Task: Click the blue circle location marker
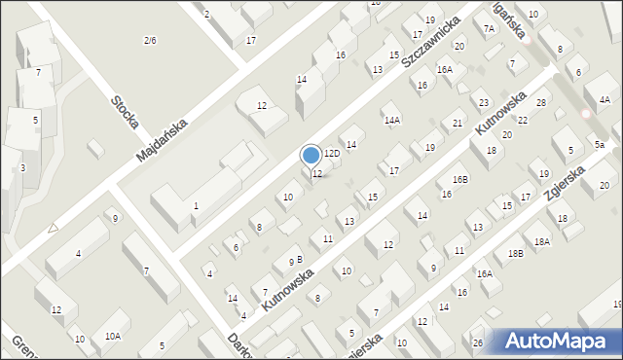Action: [311, 155]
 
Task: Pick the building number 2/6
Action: [150, 40]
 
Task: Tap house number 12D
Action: [332, 154]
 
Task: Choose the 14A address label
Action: [392, 120]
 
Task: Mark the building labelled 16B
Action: [460, 179]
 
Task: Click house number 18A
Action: [542, 240]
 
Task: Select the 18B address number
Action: [515, 253]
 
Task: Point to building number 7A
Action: [490, 29]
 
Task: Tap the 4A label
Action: [605, 99]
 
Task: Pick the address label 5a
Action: [600, 144]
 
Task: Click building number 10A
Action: [113, 336]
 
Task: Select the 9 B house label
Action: [295, 260]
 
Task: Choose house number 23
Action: [484, 102]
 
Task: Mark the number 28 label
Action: [541, 102]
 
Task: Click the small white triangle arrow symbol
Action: [53, 228]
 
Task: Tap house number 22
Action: [523, 120]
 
